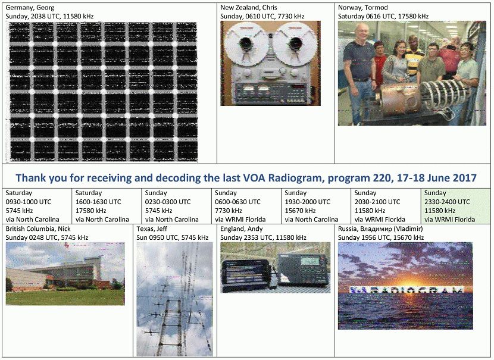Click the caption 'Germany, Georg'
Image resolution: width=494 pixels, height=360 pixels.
point(30,8)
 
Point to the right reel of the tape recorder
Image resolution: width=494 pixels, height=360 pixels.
point(295,43)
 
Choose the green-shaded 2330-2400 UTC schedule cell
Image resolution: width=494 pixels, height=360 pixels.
point(455,206)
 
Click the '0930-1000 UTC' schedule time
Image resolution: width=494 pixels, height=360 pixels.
point(29,202)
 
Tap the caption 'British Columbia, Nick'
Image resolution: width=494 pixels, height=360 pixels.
point(38,229)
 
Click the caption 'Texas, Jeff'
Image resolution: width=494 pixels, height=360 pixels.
point(152,229)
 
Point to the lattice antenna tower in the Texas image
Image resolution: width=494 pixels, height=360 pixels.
point(171,327)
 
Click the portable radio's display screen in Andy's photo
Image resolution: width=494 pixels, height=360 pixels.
point(310,261)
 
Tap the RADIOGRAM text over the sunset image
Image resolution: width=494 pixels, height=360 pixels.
point(406,290)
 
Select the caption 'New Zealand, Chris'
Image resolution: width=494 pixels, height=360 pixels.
point(249,8)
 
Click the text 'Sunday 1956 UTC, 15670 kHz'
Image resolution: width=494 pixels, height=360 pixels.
point(381,238)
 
